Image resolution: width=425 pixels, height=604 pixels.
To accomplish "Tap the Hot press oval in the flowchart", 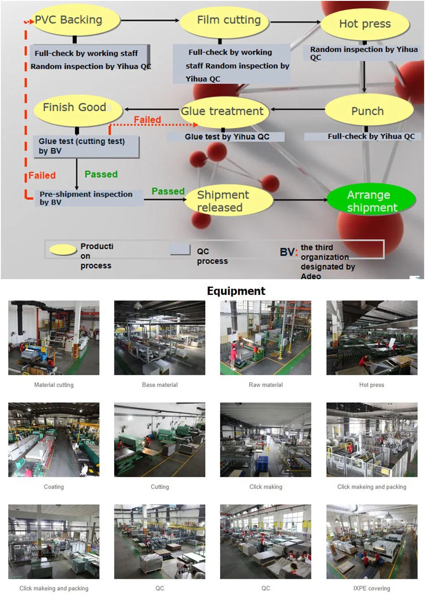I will click(x=365, y=24).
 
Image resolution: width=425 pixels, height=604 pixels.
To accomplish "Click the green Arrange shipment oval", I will click(x=371, y=201).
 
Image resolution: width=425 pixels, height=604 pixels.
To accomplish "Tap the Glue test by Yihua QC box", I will click(x=226, y=137).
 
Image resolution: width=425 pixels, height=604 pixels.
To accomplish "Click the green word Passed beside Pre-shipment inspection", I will click(x=168, y=191).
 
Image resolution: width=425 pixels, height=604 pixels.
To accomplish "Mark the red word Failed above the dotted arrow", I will click(x=147, y=120).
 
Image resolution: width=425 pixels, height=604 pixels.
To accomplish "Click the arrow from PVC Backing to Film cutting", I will click(x=150, y=21).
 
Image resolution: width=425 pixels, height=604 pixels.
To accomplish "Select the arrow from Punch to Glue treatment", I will click(x=298, y=109).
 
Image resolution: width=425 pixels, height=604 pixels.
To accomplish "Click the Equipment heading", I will click(x=236, y=291).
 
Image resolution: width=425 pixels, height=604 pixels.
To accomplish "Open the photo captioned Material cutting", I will click(x=54, y=338).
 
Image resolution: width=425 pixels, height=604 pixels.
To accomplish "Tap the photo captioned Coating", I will click(x=54, y=440).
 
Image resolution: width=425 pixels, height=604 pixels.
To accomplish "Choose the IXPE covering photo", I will click(x=372, y=541).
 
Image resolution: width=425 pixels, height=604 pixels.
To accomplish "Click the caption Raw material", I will click(x=266, y=385).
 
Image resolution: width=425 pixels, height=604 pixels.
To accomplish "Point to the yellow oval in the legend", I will click(x=63, y=250).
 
